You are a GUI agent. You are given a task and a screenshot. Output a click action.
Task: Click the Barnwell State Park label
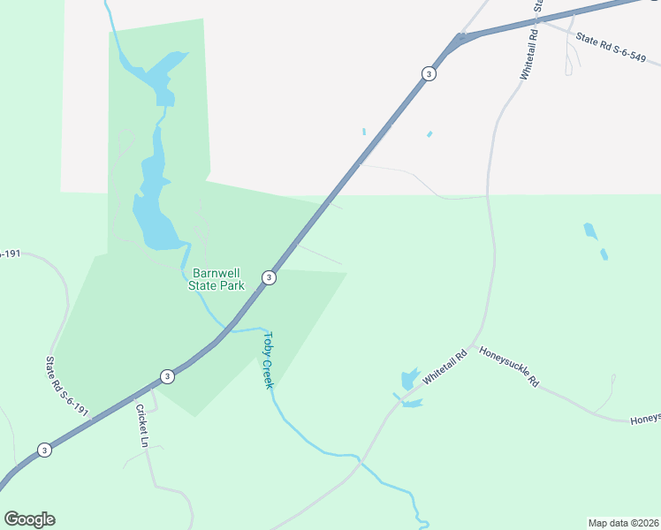tap(217, 280)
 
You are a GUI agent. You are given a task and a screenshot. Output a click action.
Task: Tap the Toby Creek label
tap(269, 360)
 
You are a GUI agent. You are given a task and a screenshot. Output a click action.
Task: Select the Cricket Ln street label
tap(141, 423)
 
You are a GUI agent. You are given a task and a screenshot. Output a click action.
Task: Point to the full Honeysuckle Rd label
tap(509, 367)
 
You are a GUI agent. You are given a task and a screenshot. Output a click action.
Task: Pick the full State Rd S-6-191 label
tap(67, 386)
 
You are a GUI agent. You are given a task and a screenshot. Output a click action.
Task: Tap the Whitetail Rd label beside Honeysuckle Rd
tap(444, 367)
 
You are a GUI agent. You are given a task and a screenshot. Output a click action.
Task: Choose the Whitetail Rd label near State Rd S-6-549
tap(529, 53)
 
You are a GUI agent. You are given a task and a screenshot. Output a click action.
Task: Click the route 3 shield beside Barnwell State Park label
tap(269, 277)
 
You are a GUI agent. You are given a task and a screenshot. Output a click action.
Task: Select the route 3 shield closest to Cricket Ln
tap(167, 376)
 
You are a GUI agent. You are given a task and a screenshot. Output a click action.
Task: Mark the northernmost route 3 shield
tap(429, 73)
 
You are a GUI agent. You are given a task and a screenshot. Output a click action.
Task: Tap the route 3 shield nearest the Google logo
tap(44, 450)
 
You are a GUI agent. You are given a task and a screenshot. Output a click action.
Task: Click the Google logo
tap(29, 519)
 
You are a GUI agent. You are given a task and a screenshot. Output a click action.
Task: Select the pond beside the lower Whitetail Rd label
tap(408, 381)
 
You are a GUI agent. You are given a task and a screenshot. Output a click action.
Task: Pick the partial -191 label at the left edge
tap(9, 254)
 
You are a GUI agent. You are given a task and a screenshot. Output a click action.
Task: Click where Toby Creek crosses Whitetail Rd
tap(360, 458)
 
